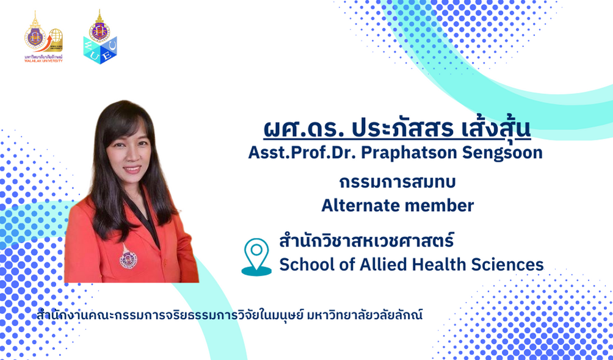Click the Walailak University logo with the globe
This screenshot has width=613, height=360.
click(43, 37)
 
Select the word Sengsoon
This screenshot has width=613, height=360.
click(502, 153)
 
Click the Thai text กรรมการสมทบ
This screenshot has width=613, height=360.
click(397, 182)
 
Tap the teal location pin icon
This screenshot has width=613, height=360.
click(256, 256)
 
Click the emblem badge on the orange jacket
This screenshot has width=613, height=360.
click(128, 257)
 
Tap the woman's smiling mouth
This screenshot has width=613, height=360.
click(132, 169)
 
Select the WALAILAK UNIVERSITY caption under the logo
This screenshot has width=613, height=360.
click(43, 60)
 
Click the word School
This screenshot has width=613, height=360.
click(304, 265)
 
